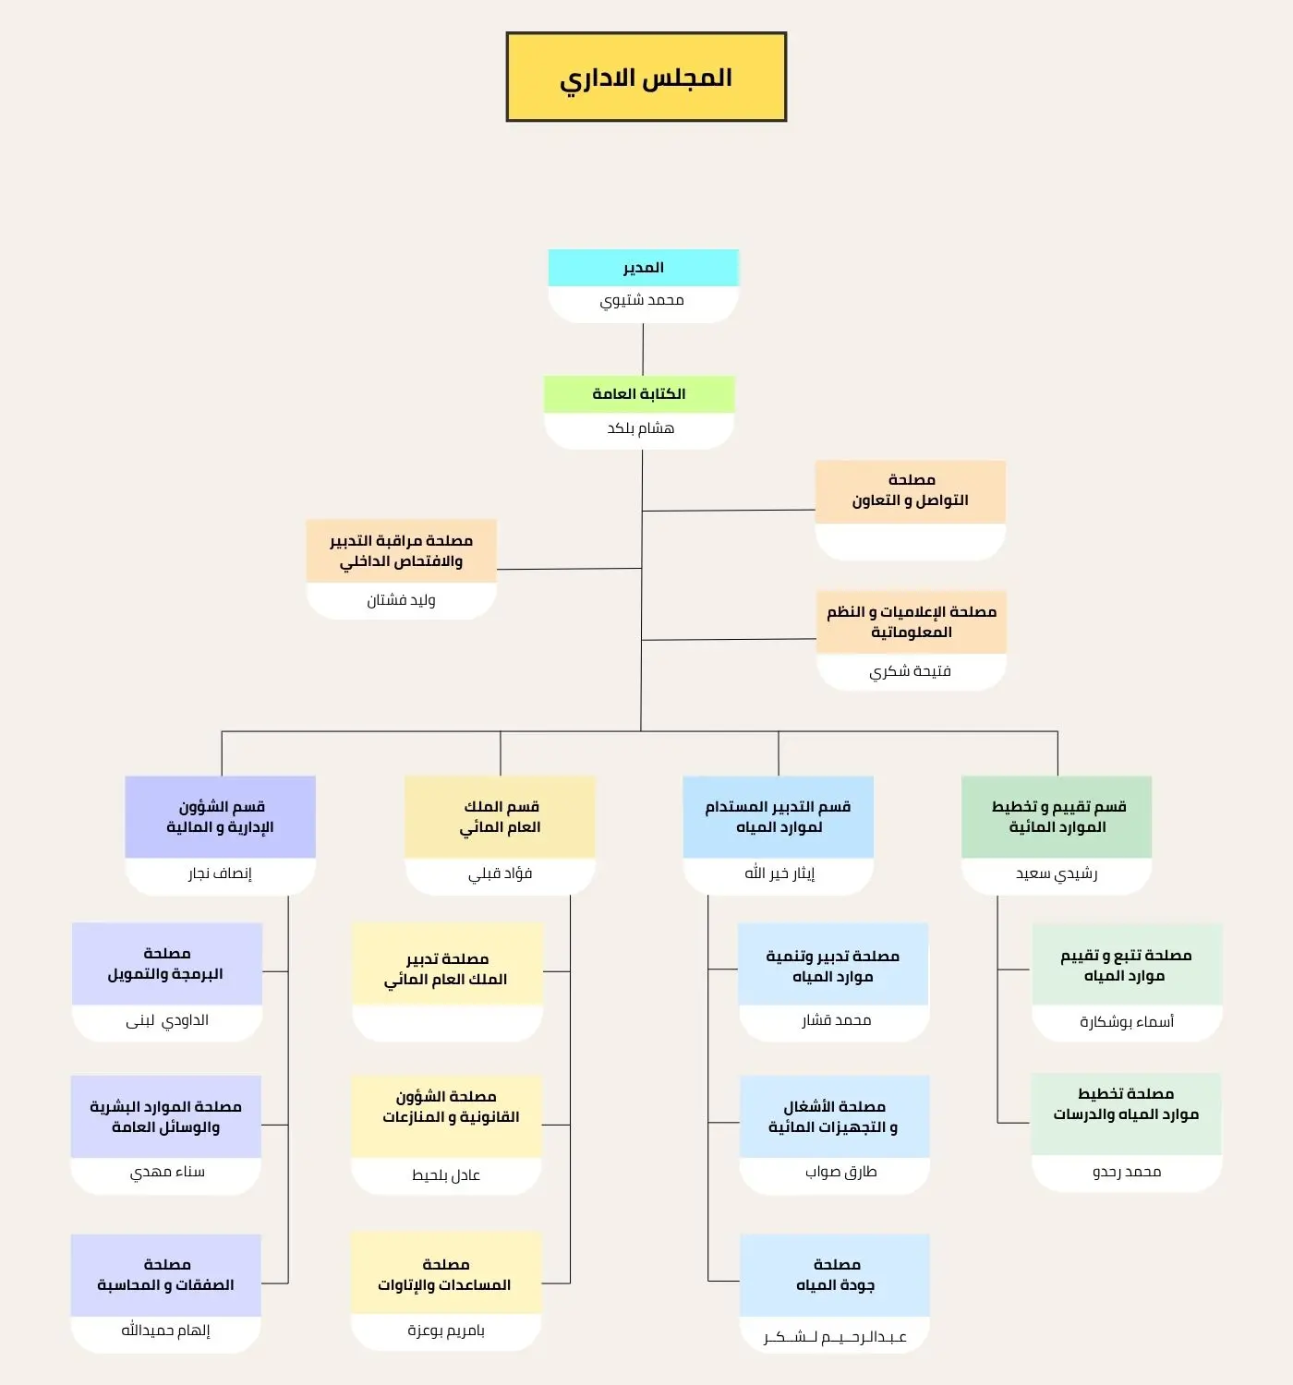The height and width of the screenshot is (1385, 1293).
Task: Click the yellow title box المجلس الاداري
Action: [x=646, y=77]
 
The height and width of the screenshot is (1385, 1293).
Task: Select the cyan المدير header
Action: [x=644, y=268]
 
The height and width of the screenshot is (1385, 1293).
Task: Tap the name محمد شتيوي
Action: [x=642, y=301]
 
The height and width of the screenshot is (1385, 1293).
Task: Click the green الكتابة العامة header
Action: [x=639, y=394]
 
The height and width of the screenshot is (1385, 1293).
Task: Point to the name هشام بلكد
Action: [x=641, y=428]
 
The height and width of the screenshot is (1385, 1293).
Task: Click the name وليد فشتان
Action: [x=401, y=600]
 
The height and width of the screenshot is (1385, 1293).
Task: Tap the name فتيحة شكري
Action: [x=910, y=671]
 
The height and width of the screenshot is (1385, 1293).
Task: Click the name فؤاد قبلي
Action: [x=501, y=873]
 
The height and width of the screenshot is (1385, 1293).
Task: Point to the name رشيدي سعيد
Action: [x=1057, y=873]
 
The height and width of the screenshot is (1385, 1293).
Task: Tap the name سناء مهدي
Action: [x=167, y=1172]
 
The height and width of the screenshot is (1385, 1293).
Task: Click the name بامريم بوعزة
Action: [x=446, y=1330]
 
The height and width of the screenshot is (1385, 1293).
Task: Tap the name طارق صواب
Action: [x=840, y=1172]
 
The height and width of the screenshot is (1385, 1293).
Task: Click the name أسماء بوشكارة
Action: [x=1127, y=1021]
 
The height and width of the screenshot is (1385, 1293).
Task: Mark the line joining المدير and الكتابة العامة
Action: [x=643, y=349]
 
